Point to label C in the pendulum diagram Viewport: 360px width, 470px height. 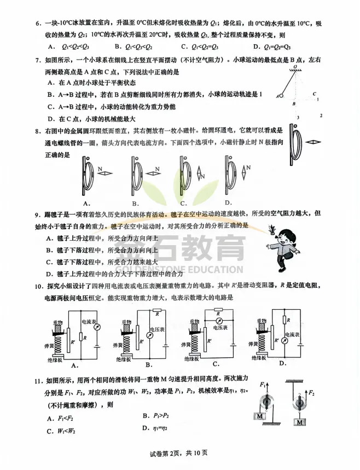tap(315, 94)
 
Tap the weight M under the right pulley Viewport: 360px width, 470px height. tap(299, 423)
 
